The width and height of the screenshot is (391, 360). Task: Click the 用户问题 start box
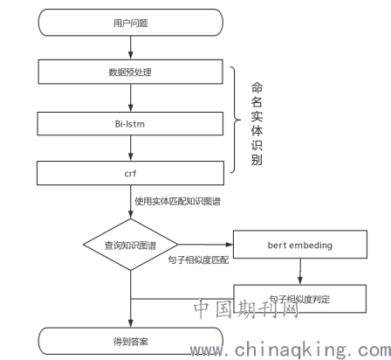coord(131,23)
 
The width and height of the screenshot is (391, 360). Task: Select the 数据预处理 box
coord(131,72)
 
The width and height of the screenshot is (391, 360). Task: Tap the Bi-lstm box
coord(130,124)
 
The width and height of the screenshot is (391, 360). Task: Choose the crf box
coord(130,173)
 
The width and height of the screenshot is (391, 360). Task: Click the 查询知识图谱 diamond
coord(131,245)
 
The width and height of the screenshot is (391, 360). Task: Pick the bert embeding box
coord(300,245)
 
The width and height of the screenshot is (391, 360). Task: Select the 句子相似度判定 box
coord(300,299)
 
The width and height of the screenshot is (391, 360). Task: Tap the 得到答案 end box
coord(131,341)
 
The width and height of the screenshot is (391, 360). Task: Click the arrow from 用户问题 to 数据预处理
coord(131,48)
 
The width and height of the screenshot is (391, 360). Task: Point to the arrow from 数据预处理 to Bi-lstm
coord(131,98)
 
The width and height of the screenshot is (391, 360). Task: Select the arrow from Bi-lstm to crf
coord(131,149)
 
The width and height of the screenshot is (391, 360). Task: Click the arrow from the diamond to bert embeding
coord(206,245)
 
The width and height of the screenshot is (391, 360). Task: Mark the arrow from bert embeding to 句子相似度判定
coord(300,272)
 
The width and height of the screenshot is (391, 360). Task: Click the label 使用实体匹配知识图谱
coord(177,201)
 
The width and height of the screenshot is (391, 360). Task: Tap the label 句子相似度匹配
coord(198,260)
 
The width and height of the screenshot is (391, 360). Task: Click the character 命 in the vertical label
coord(257,87)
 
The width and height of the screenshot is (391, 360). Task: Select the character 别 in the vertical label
coord(257,160)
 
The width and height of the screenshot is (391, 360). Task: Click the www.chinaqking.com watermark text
coord(291,350)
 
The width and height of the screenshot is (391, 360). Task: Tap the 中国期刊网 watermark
coord(246,308)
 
